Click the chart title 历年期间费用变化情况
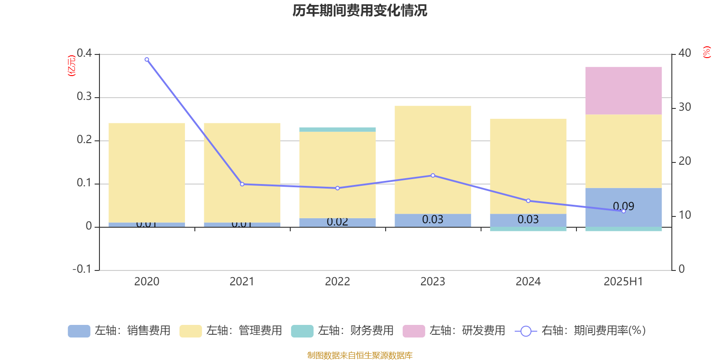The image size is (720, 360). [360, 10]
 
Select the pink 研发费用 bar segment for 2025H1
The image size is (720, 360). [623, 90]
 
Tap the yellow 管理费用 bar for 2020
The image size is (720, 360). [147, 173]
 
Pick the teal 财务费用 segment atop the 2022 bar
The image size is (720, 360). [337, 130]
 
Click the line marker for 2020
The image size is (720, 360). [147, 59]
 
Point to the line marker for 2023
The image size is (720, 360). [433, 175]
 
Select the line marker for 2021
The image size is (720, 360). [242, 184]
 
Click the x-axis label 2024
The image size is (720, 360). [528, 282]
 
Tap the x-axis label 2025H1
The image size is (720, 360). [623, 282]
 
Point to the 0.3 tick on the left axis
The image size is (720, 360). [84, 97]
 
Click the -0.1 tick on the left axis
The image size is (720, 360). [82, 269]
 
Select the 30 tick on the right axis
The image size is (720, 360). [684, 107]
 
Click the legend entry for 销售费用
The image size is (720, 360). [119, 331]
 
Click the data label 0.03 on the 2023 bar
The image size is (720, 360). [432, 220]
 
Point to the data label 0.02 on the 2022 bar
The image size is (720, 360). [337, 222]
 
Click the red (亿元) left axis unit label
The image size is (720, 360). [71, 66]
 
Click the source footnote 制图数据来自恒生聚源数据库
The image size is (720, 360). [360, 355]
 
